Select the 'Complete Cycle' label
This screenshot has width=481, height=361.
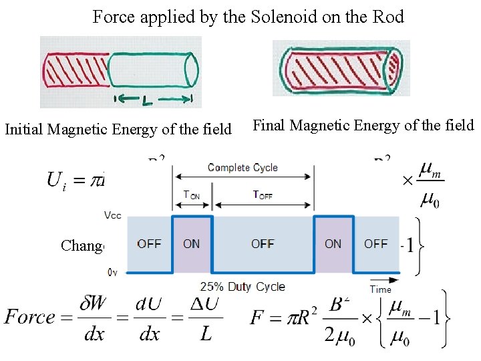click(243, 167)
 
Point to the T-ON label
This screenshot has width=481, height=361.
click(192, 195)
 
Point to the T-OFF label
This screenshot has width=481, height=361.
click(263, 195)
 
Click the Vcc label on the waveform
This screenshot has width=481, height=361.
click(114, 216)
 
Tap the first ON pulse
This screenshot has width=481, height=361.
click(192, 244)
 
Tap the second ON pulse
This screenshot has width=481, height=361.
click(333, 244)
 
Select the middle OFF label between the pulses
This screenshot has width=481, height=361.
click(263, 244)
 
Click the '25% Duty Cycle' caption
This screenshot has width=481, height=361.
click(243, 287)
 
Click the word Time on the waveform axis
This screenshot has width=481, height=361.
click(381, 289)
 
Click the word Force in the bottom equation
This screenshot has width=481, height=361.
click(29, 316)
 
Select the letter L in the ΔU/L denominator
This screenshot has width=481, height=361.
click(206, 332)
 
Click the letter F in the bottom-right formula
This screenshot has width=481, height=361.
click(257, 317)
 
